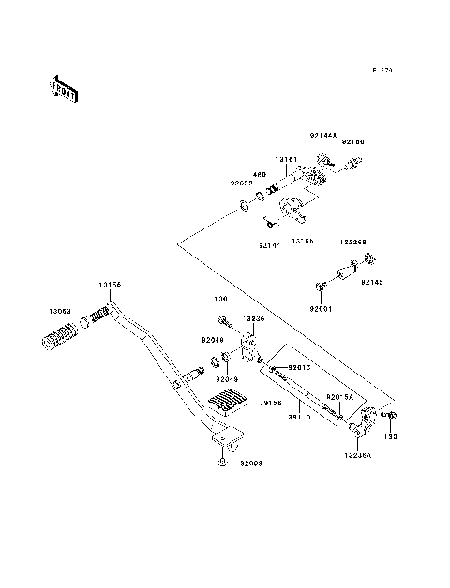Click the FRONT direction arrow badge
point(63,87)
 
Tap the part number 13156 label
point(110,285)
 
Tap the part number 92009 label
point(250,463)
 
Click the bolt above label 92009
point(220,462)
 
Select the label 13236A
point(358,456)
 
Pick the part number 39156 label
point(272,404)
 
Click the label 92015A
point(339,396)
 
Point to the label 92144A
point(323,135)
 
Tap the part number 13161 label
point(285,159)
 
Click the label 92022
point(242,184)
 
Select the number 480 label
point(259,174)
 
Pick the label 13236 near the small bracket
point(254,318)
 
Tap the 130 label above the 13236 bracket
point(220,301)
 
